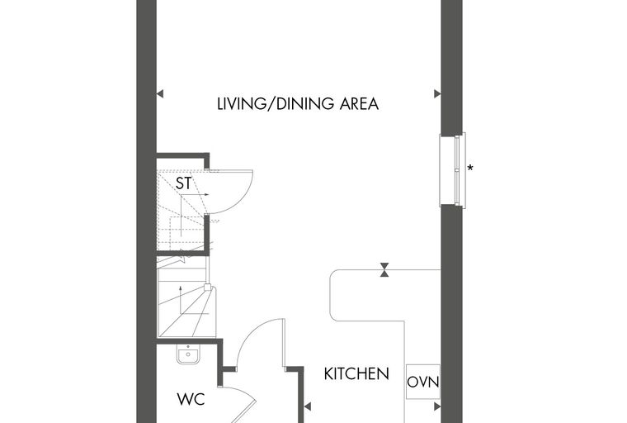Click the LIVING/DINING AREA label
point(298,104)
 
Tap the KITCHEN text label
point(356,373)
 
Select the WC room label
point(191,399)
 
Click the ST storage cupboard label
point(183,183)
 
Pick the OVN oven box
point(423,382)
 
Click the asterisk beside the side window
point(470,169)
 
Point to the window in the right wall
point(453,170)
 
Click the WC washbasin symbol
point(188,355)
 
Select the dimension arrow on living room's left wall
point(160,94)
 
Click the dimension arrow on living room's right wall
point(437,94)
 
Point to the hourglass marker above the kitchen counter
point(384,270)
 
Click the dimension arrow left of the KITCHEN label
point(307,407)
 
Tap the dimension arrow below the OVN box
point(437,407)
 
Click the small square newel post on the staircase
point(208,288)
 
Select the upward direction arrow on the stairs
point(181,300)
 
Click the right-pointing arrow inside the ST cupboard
point(196,195)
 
